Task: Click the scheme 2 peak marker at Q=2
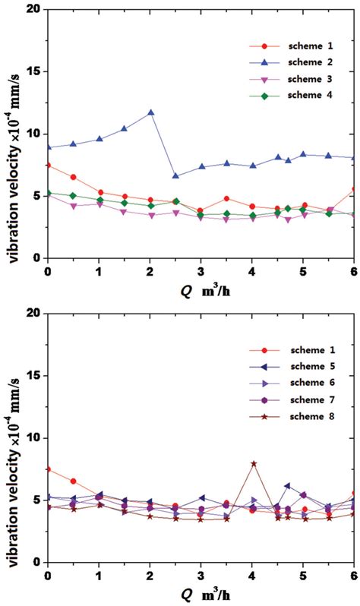(151, 112)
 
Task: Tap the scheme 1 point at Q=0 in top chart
(48, 165)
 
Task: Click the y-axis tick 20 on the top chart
(32, 10)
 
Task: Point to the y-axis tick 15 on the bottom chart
(32, 375)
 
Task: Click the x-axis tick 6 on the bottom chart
(354, 575)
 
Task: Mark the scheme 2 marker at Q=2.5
(176, 176)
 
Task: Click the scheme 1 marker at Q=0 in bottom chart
(48, 469)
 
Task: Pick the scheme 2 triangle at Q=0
(48, 147)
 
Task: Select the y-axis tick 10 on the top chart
(32, 134)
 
